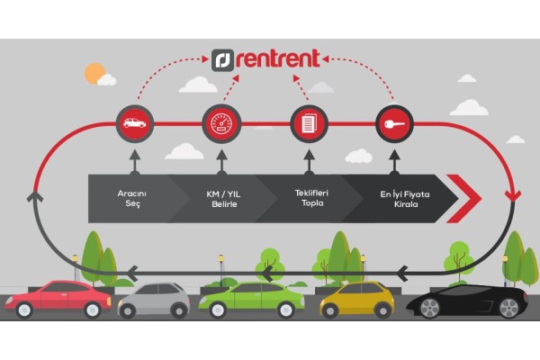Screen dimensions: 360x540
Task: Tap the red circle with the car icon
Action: click(x=135, y=122)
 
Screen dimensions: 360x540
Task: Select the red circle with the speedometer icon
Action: click(x=220, y=122)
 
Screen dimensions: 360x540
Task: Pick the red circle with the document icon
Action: click(x=306, y=122)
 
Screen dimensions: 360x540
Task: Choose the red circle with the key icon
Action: click(x=392, y=122)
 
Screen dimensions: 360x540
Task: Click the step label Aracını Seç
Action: click(x=136, y=198)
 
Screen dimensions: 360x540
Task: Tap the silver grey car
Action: click(x=154, y=299)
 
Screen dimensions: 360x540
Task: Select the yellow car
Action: click(x=356, y=299)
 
